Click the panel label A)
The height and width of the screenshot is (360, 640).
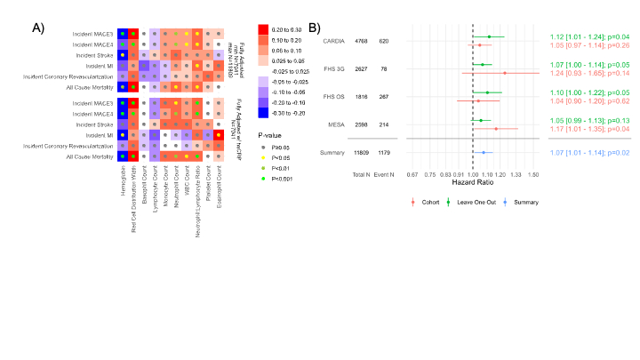point(39,28)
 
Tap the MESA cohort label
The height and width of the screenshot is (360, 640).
point(336,124)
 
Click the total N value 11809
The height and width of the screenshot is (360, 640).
point(361,152)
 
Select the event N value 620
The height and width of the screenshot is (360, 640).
point(383,40)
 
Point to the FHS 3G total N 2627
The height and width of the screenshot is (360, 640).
point(361,68)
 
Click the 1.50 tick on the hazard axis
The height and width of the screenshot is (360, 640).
point(533,174)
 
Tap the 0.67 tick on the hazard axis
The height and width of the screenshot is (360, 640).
point(412,174)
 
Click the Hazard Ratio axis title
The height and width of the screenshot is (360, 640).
point(472,182)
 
